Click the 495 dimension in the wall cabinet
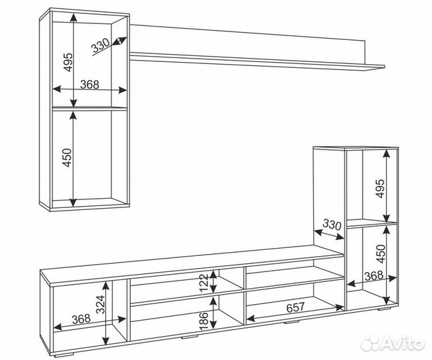[68, 62]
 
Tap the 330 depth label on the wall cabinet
[100, 45]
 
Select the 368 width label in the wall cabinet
[89, 84]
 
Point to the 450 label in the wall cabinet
[67, 157]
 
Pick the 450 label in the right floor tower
[381, 253]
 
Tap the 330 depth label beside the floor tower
[332, 225]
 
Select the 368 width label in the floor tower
[374, 275]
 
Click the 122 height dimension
[203, 283]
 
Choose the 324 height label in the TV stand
[101, 305]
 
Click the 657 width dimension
[295, 307]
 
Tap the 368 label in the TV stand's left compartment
[81, 319]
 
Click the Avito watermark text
[403, 343]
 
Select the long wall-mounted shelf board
[257, 59]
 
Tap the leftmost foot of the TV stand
[65, 353]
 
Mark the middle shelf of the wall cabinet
[89, 108]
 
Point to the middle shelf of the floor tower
[371, 223]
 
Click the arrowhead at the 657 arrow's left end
[250, 319]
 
